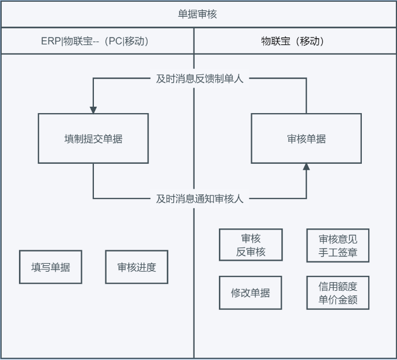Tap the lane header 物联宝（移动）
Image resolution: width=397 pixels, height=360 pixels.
tap(293, 42)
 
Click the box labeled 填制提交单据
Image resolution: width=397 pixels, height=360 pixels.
tap(93, 138)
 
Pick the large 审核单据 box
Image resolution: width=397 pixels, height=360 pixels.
tap(306, 138)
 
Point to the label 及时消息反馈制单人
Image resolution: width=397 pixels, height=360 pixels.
tap(199, 78)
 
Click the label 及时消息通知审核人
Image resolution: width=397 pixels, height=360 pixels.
tap(199, 198)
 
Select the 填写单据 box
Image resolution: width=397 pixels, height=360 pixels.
tap(51, 267)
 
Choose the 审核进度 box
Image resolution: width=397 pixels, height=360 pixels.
tap(137, 267)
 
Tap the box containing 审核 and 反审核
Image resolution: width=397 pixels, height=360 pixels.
tap(251, 245)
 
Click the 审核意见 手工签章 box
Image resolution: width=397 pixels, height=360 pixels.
tap(338, 245)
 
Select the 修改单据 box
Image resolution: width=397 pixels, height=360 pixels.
tap(251, 292)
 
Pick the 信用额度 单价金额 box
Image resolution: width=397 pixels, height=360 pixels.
tap(338, 292)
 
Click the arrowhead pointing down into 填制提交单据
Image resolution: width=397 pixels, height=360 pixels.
tap(93, 110)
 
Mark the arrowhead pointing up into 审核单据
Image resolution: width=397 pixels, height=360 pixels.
tap(306, 167)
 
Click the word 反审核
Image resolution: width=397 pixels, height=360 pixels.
tap(251, 252)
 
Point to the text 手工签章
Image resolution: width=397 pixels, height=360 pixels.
tap(338, 252)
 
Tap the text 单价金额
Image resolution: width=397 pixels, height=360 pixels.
tap(338, 299)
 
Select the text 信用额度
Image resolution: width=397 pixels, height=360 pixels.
tap(338, 286)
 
